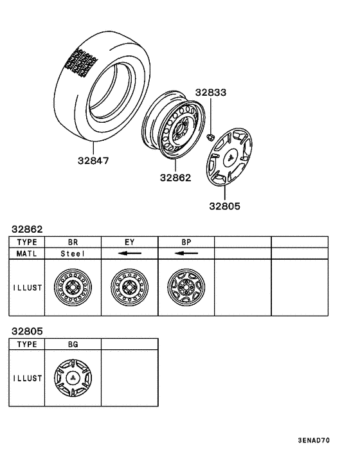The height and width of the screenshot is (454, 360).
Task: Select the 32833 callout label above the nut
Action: tap(212, 93)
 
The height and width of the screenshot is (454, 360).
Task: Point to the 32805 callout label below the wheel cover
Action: tap(224, 206)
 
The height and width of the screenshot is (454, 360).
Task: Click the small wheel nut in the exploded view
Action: tap(210, 136)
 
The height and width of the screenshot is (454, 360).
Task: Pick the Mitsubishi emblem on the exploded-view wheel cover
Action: tap(228, 156)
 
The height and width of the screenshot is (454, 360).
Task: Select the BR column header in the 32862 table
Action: tap(73, 242)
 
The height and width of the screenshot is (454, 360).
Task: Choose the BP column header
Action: tap(186, 242)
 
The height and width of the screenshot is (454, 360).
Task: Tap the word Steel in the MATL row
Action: tap(73, 253)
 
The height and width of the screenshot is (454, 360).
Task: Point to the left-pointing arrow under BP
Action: tap(186, 253)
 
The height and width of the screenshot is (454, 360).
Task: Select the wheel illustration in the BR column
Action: tap(73, 287)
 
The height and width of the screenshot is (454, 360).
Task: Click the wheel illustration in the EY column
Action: tap(129, 287)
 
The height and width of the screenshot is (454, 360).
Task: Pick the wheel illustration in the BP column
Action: tap(186, 287)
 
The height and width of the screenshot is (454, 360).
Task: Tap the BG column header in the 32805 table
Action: tap(73, 345)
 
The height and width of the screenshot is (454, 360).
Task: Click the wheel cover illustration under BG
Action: tap(73, 379)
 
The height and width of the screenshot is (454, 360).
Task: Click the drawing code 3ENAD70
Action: tap(314, 441)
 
